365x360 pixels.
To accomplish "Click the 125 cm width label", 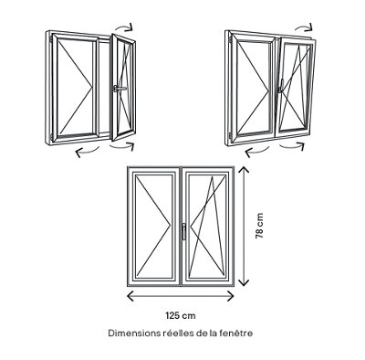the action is (181, 315).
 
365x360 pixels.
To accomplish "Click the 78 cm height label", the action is (259, 226).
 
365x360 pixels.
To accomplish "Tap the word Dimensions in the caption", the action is (132, 334).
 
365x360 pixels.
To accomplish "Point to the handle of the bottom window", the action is (183, 231).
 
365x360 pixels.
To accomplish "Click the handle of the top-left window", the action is (120, 89).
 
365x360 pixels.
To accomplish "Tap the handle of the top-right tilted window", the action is (281, 88).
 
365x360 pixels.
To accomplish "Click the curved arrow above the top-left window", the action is (124, 26).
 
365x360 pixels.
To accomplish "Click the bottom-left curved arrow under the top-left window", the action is (87, 151).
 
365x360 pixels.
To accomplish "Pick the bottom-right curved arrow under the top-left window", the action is (123, 147).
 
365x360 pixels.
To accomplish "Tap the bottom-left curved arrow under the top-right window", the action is (256, 151).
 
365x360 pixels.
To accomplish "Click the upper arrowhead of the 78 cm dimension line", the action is (244, 171).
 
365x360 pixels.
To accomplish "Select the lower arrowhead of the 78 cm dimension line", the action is (244, 281).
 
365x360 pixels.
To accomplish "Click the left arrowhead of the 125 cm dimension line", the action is (130, 296).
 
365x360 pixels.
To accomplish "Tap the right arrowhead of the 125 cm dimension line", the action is (230, 296).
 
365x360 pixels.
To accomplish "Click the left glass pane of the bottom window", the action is (153, 226).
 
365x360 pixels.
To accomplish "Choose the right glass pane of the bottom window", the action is (207, 226).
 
